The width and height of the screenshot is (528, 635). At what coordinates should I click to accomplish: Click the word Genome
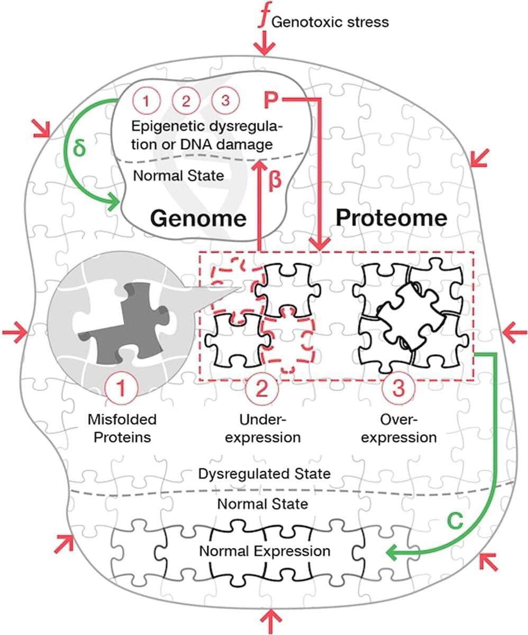coord(198,217)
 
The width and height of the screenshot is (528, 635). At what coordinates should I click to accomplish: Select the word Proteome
coord(392,217)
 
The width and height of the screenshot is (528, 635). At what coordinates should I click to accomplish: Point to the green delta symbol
coord(79,146)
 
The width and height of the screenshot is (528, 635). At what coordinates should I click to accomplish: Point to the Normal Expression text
coord(265,551)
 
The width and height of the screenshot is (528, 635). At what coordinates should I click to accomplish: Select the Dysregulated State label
coord(265,473)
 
